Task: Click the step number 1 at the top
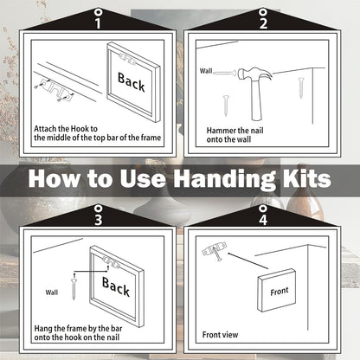[x=98, y=23]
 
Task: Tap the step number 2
[x=263, y=23]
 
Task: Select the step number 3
[x=99, y=220]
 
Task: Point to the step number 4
[x=263, y=220]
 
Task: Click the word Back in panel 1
[x=132, y=82]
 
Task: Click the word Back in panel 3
[x=116, y=286]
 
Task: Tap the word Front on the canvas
[x=280, y=292]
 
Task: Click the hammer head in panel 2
[x=254, y=74]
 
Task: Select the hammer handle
[x=256, y=100]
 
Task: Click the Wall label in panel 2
[x=206, y=71]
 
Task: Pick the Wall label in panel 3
[x=52, y=292]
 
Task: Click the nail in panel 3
[x=74, y=287]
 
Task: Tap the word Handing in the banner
[x=224, y=179]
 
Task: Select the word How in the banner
[x=54, y=178]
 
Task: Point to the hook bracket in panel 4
[x=215, y=251]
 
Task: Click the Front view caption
[x=220, y=335]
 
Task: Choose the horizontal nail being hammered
[x=225, y=73]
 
